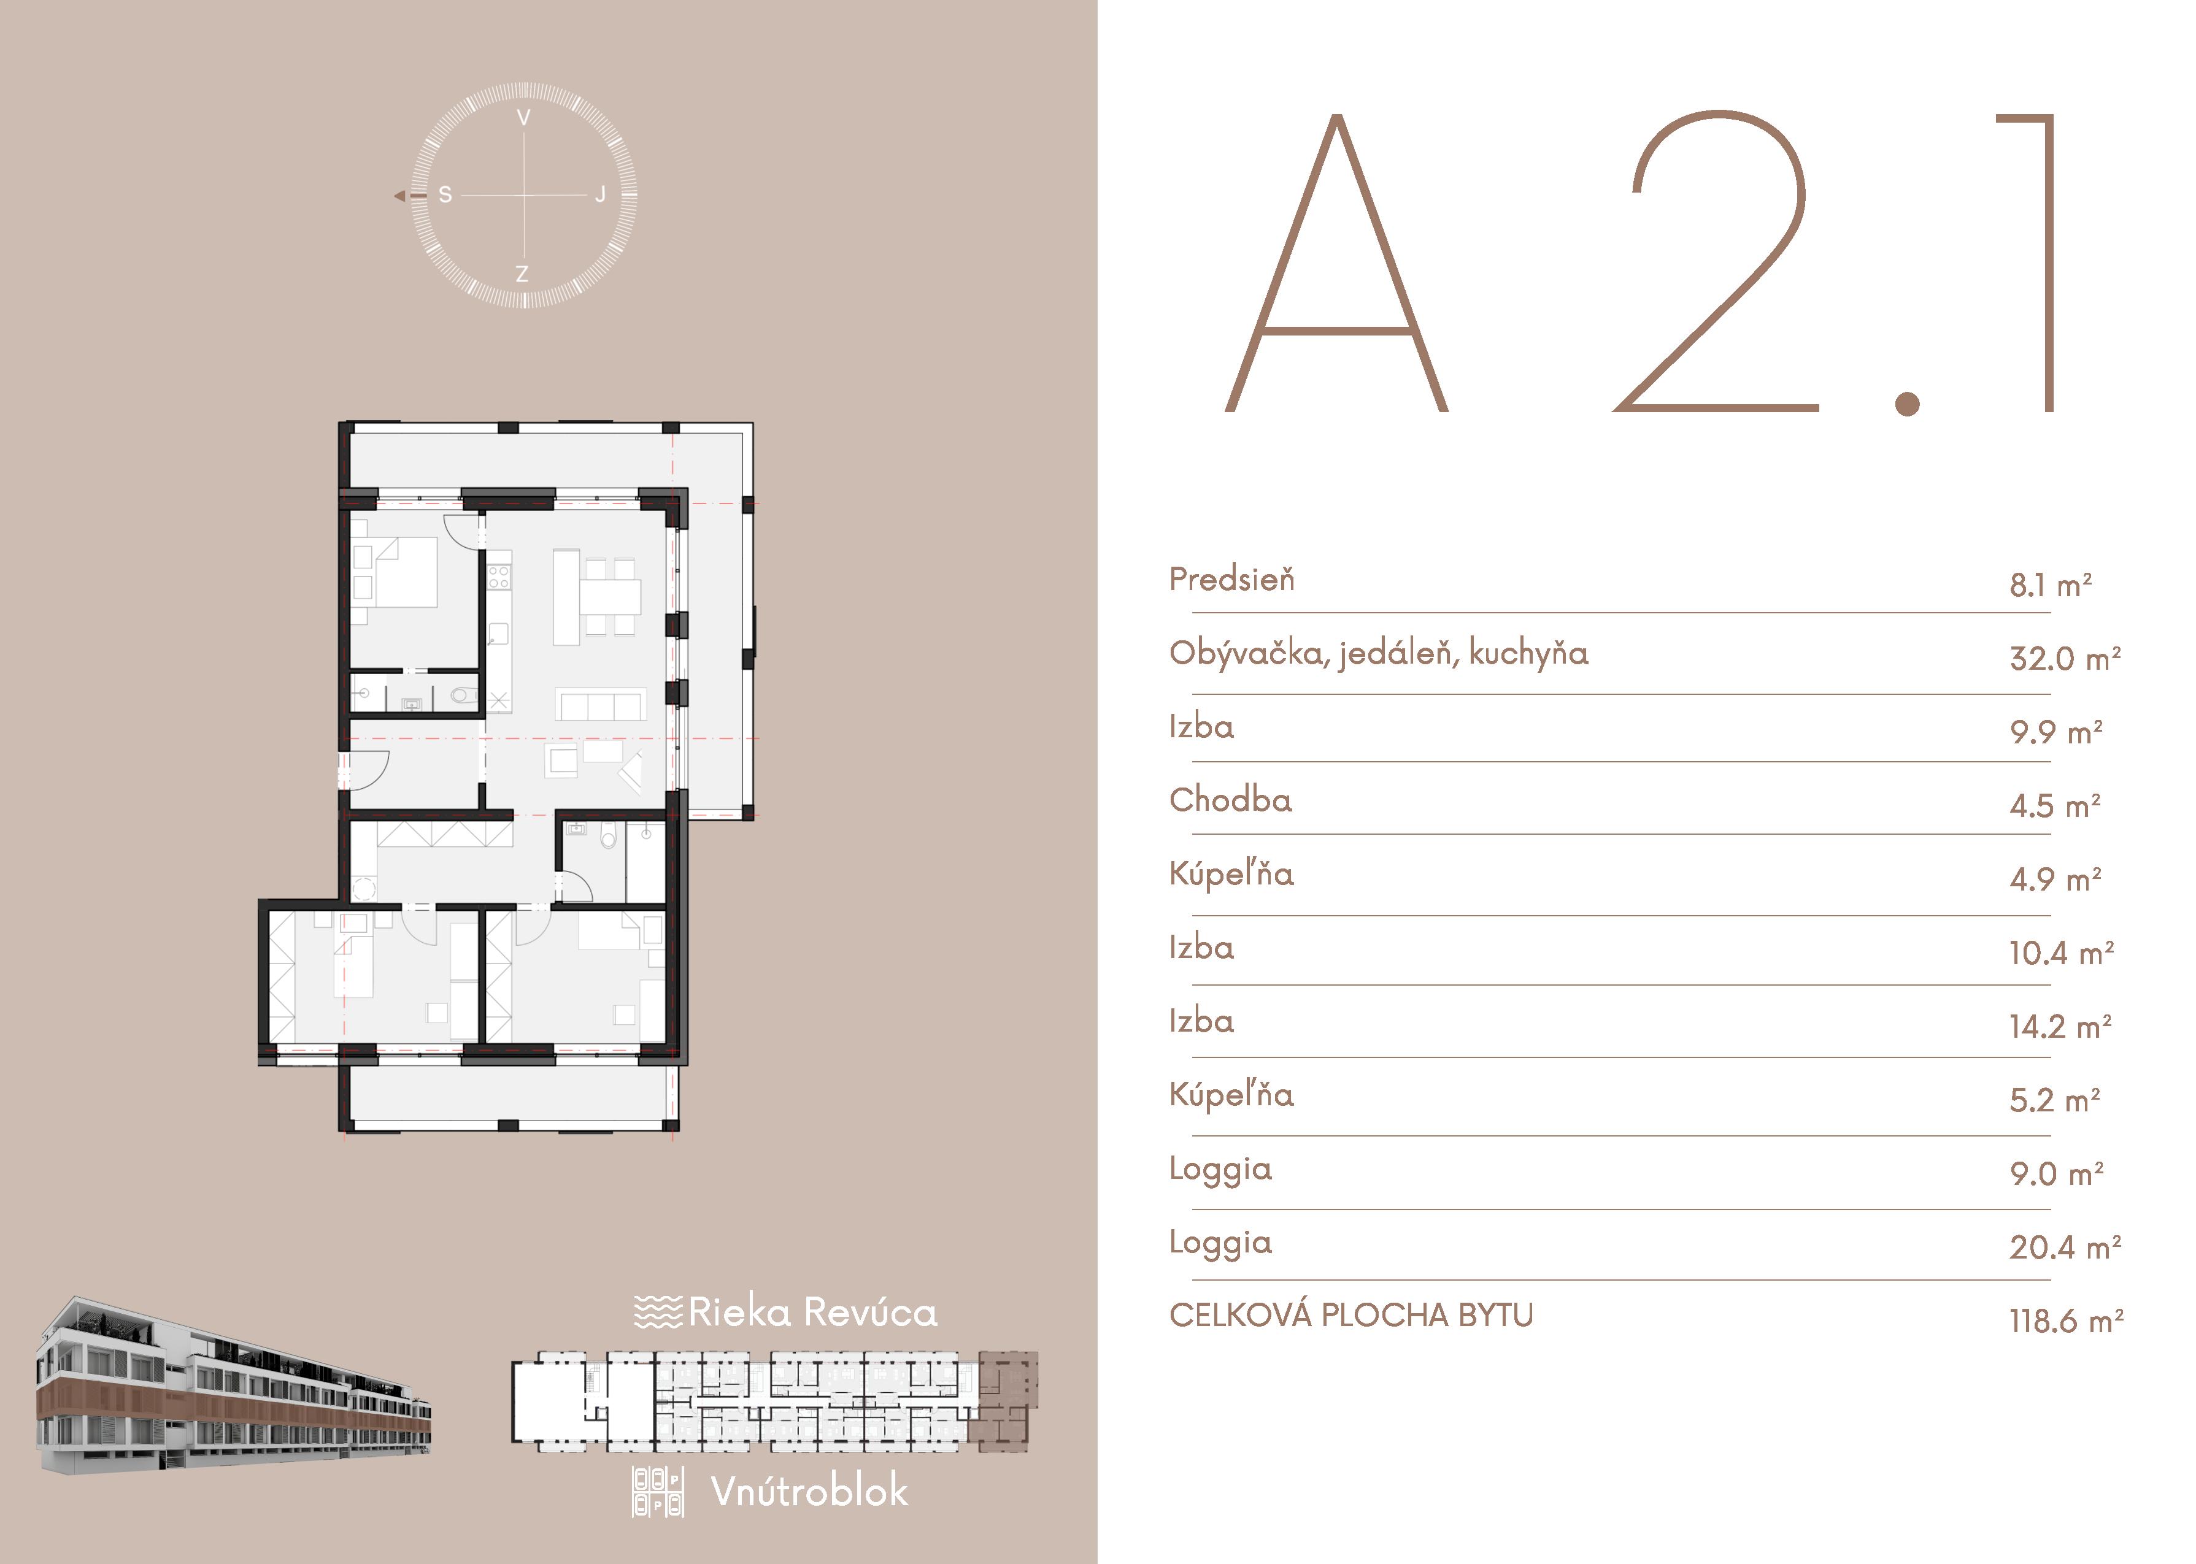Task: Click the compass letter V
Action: pos(524,118)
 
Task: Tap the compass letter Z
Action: pos(522,274)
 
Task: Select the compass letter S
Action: pos(445,194)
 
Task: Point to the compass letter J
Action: pos(600,194)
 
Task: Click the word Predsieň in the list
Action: pos(1232,579)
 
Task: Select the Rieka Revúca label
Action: pos(812,1312)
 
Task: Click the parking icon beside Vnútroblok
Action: pos(658,1492)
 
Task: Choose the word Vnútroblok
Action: pos(809,1491)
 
